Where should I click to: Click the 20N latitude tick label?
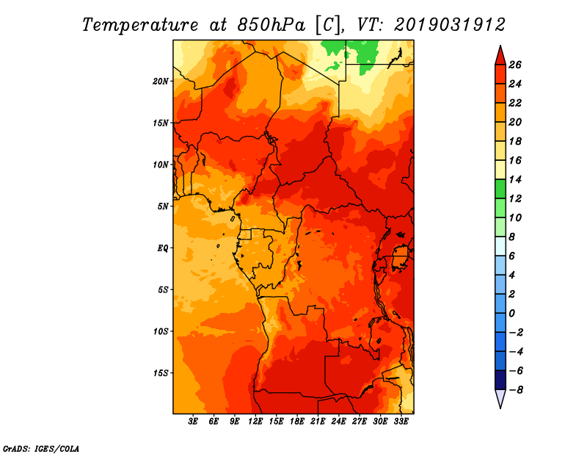[x=161, y=82]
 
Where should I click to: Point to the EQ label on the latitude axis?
[x=162, y=248]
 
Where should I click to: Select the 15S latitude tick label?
[x=161, y=373]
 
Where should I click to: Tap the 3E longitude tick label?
[x=193, y=422]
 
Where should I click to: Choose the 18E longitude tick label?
[x=297, y=422]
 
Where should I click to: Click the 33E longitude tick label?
[x=401, y=422]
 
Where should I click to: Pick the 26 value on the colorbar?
[x=515, y=65]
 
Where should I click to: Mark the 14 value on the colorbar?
[x=515, y=179]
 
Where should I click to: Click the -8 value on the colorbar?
[x=516, y=390]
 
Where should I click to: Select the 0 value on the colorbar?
[x=511, y=314]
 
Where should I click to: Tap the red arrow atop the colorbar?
[x=500, y=55]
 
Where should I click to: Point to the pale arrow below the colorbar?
[x=500, y=399]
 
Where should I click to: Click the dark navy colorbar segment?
[x=500, y=380]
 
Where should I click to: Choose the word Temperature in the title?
[x=140, y=25]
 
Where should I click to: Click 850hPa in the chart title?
[x=271, y=25]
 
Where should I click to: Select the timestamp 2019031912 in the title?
[x=450, y=25]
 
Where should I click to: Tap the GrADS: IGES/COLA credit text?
[x=41, y=449]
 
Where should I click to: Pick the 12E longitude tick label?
[x=255, y=422]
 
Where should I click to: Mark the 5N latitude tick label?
[x=162, y=206]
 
